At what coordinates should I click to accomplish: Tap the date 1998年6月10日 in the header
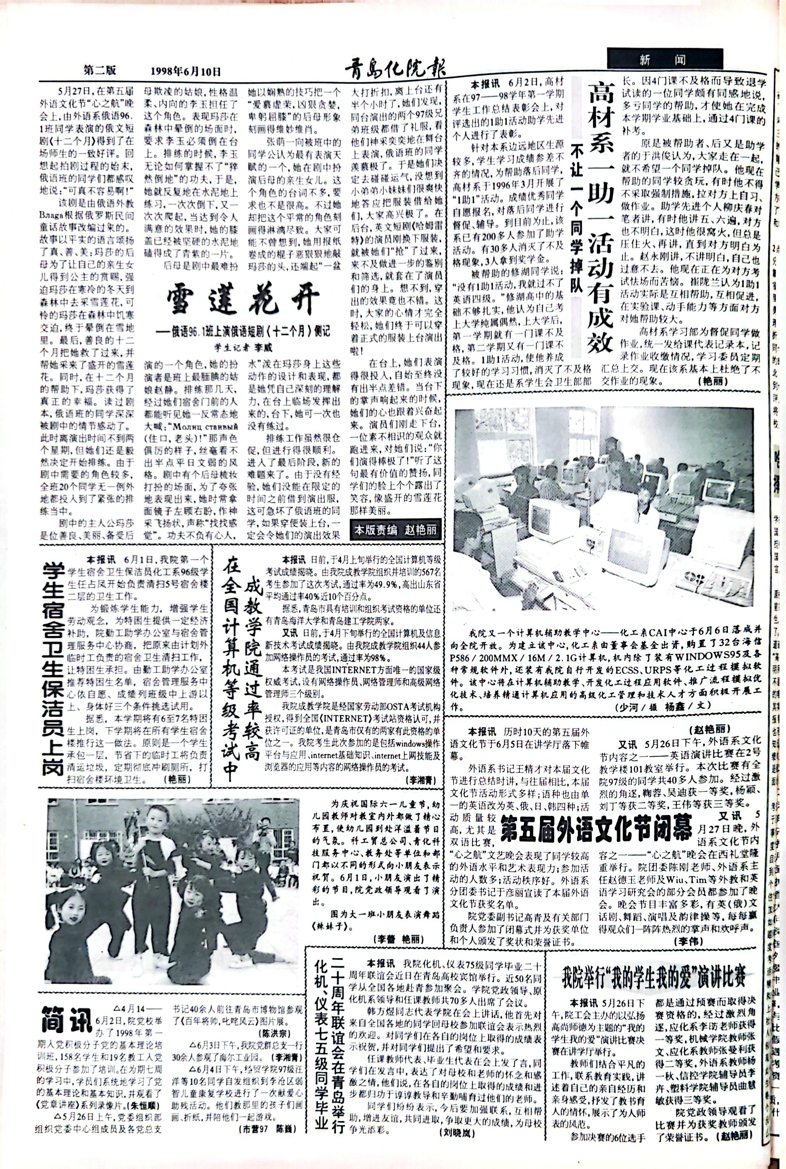coord(186,72)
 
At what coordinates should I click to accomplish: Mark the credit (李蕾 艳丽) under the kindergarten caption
coord(399,938)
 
